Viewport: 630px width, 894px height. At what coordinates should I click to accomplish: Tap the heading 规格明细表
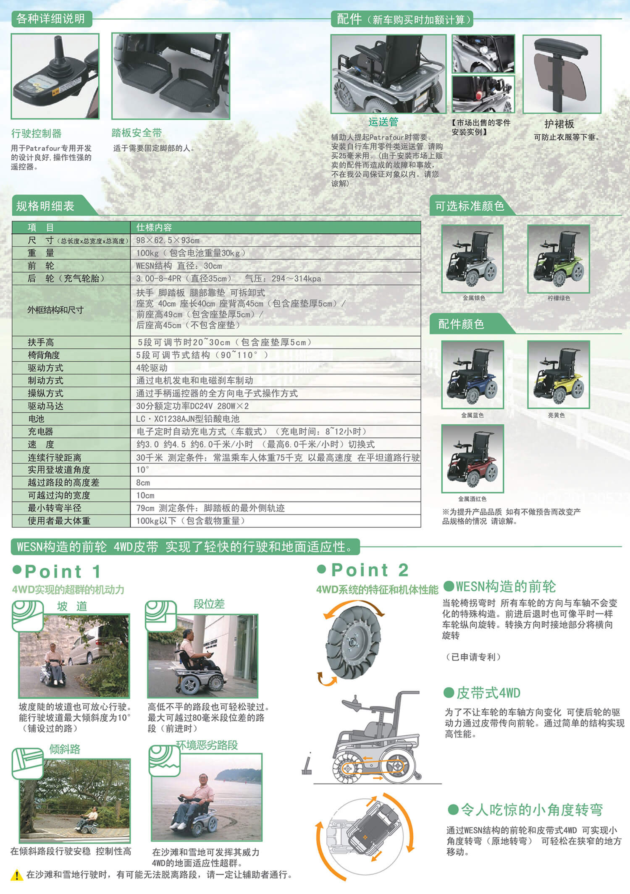(x=45, y=206)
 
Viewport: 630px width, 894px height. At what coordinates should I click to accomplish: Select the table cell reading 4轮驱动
(x=152, y=368)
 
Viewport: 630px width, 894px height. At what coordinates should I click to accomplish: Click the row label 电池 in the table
(x=36, y=418)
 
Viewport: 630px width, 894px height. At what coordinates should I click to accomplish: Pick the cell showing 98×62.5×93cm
(x=168, y=240)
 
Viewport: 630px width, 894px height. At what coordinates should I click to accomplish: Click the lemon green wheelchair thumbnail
(x=559, y=259)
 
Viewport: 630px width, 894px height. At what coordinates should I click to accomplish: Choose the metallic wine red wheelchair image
(x=472, y=458)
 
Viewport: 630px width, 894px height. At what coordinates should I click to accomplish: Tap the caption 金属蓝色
(x=472, y=415)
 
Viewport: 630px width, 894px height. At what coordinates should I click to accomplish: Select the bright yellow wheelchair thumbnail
(x=559, y=374)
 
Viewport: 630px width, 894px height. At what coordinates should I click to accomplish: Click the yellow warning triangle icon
(x=16, y=875)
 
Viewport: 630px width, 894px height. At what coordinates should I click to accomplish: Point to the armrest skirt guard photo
(x=562, y=74)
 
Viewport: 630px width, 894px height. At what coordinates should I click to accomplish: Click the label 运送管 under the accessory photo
(x=383, y=122)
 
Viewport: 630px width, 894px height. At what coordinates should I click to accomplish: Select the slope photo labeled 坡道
(x=74, y=656)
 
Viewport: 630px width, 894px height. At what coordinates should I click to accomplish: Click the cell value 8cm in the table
(x=143, y=483)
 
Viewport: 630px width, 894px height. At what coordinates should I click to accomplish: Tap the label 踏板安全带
(x=136, y=133)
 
